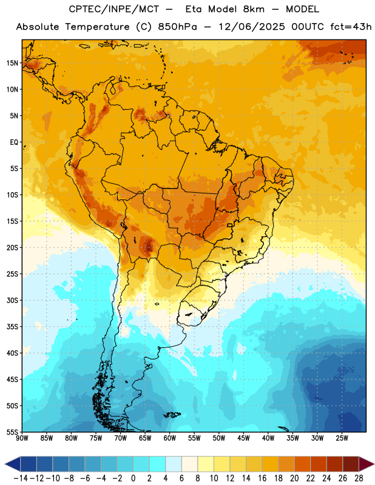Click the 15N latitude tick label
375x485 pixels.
(x=12, y=63)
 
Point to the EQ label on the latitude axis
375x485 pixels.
(x=14, y=142)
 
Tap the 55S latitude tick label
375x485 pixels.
(x=12, y=432)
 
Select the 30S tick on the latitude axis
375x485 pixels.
(x=12, y=300)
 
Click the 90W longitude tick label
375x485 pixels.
(x=22, y=438)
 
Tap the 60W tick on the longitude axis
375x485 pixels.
(x=170, y=438)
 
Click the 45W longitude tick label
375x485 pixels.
(x=244, y=438)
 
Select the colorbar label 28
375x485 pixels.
(x=359, y=478)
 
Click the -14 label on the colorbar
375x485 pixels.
(x=21, y=478)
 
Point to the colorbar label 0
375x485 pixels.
(x=133, y=478)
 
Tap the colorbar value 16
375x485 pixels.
(x=262, y=478)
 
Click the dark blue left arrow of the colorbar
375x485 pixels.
(x=13, y=464)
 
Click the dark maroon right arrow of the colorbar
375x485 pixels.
(x=367, y=464)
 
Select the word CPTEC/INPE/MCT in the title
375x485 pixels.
(x=114, y=9)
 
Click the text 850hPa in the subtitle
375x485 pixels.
(x=177, y=27)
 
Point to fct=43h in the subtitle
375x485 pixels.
(x=351, y=27)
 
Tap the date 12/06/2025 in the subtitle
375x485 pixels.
(x=252, y=27)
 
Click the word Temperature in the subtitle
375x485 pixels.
(x=97, y=27)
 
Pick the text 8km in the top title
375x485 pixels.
(x=254, y=9)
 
